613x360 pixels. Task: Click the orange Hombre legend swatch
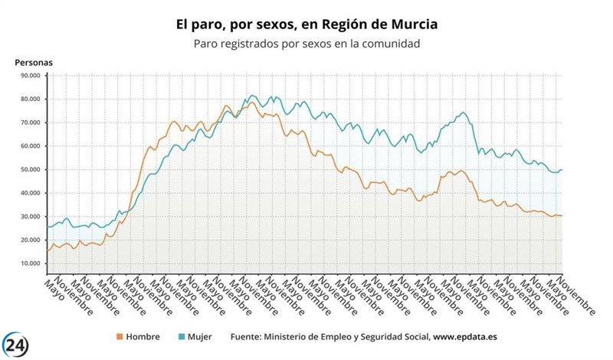119,336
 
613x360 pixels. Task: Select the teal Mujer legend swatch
180,336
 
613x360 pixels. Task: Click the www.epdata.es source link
464,336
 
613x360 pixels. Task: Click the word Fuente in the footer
250,336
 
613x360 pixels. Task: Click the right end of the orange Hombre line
562,215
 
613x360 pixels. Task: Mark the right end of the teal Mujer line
562,169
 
